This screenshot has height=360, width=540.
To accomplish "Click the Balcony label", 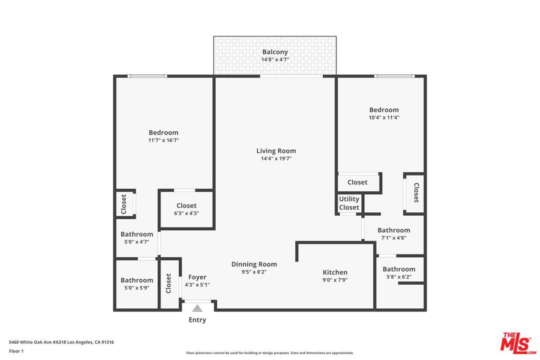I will [275, 52].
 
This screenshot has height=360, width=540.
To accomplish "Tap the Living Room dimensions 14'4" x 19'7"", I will [276, 158].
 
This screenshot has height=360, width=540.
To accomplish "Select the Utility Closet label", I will [349, 203].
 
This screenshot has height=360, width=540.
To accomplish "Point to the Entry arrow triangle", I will [197, 308].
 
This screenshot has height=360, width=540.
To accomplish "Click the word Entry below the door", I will [197, 320].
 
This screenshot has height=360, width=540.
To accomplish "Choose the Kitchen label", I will [335, 273].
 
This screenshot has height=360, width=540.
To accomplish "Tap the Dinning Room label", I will [254, 265].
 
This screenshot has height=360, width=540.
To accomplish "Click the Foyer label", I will [197, 277].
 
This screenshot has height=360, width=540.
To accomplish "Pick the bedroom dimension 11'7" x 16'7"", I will [163, 140].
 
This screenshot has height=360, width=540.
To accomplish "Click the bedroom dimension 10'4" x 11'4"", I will [384, 118].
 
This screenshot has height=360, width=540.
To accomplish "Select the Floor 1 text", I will [16, 351].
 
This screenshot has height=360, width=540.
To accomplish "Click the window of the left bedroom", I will [148, 76].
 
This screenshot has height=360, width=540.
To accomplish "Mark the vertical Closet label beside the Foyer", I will [169, 283].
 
